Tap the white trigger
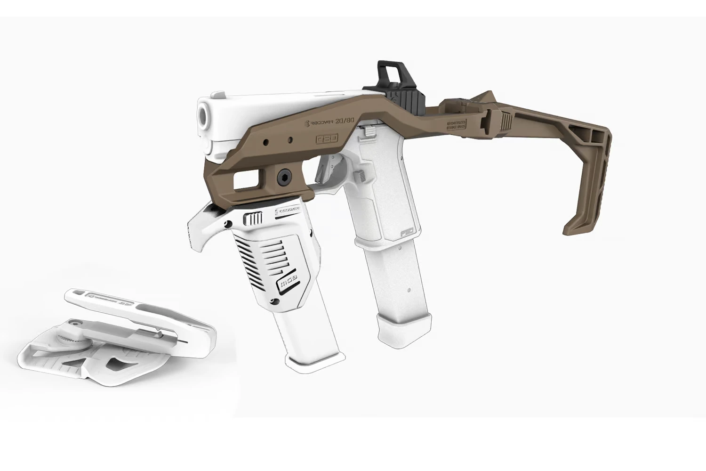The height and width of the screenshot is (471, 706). pyautogui.click(x=335, y=170)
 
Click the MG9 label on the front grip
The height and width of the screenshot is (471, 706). pyautogui.click(x=288, y=285)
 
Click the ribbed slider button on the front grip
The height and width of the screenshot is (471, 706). pyautogui.click(x=255, y=219)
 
